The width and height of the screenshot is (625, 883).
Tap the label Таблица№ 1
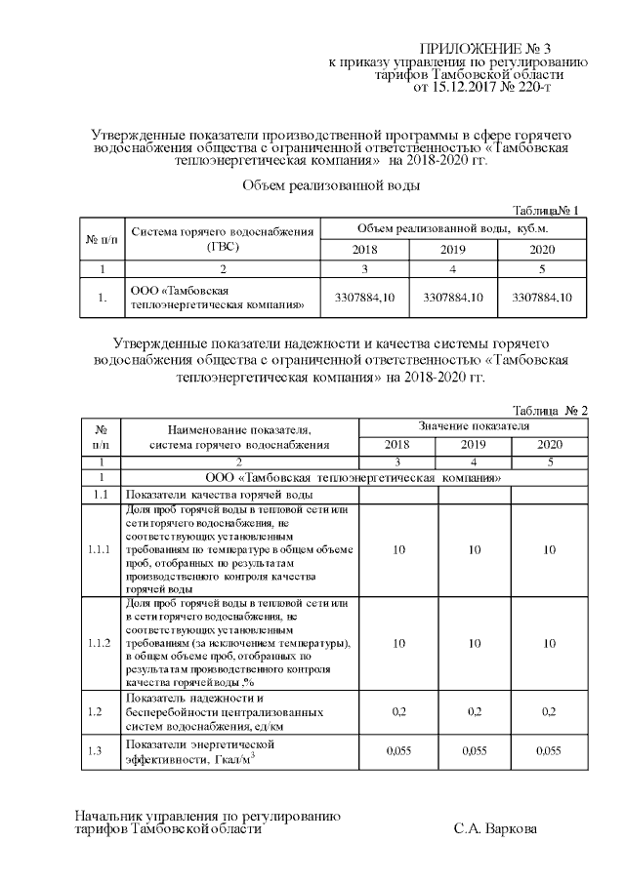point(546,210)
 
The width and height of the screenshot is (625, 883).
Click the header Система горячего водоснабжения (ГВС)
point(223,239)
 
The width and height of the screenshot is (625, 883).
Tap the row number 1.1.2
point(99,644)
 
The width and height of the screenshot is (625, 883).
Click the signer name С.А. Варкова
point(495,828)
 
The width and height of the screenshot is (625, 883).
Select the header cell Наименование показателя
point(238,428)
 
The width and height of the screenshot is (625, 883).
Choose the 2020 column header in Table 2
point(551,445)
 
